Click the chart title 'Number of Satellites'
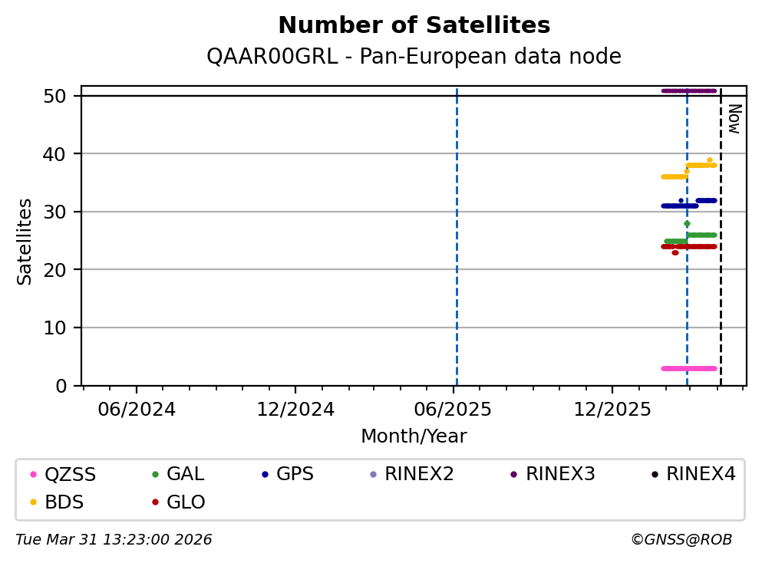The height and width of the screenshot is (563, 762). click(414, 26)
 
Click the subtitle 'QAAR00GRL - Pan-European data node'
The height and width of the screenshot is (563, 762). click(414, 57)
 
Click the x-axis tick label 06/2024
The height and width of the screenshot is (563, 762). click(137, 410)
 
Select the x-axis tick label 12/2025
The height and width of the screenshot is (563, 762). click(612, 410)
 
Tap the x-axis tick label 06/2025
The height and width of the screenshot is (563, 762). click(453, 410)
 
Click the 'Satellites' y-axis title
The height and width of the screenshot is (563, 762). click(25, 241)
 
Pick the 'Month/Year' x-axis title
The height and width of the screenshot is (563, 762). click(414, 436)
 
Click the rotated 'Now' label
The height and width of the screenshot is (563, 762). click(734, 119)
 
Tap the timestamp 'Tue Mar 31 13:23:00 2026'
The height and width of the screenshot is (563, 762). click(114, 540)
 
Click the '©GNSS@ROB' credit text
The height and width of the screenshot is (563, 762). click(681, 540)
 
